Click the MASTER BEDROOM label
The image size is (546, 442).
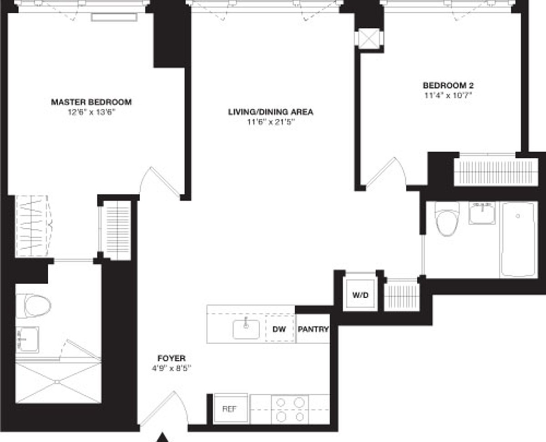pyautogui.click(x=91, y=101)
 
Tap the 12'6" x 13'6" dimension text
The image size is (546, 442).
pyautogui.click(x=91, y=111)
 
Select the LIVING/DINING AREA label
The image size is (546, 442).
pyautogui.click(x=271, y=111)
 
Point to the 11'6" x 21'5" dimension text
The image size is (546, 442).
pyautogui.click(x=271, y=121)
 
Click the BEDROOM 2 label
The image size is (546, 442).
pyautogui.click(x=445, y=85)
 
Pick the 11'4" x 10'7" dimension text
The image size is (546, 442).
pyautogui.click(x=445, y=95)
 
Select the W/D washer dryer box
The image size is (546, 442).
pyautogui.click(x=360, y=295)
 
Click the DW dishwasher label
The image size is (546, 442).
pyautogui.click(x=279, y=329)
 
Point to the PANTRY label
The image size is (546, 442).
pyautogui.click(x=313, y=329)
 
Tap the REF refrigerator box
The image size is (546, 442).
pyautogui.click(x=230, y=408)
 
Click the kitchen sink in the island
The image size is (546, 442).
pyautogui.click(x=246, y=329)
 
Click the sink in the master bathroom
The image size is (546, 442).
pyautogui.click(x=27, y=339)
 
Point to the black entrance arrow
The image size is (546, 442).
pyautogui.click(x=162, y=438)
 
